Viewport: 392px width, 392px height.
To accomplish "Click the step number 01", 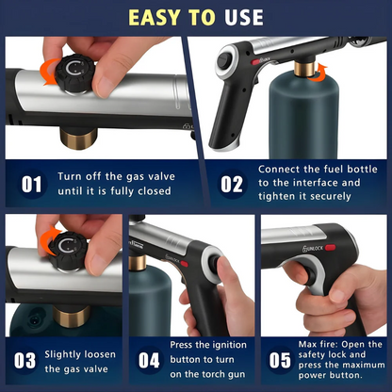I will point(32,184).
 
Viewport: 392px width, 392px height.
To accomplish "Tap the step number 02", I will point(232,184).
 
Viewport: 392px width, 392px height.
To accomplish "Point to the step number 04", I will point(149,361).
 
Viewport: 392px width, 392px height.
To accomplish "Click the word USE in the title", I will point(242,18).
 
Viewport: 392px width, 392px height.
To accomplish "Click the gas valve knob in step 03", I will point(66,249).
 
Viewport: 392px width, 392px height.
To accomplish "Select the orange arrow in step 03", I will point(45,231).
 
